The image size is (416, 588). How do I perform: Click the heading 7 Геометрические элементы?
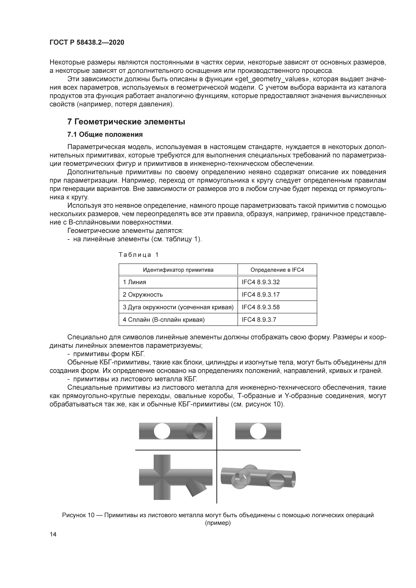pyautogui.click(x=126, y=122)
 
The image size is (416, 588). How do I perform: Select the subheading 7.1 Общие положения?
pyautogui.click(x=105, y=134)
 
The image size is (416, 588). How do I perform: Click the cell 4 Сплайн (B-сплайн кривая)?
pyautogui.click(x=164, y=320)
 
